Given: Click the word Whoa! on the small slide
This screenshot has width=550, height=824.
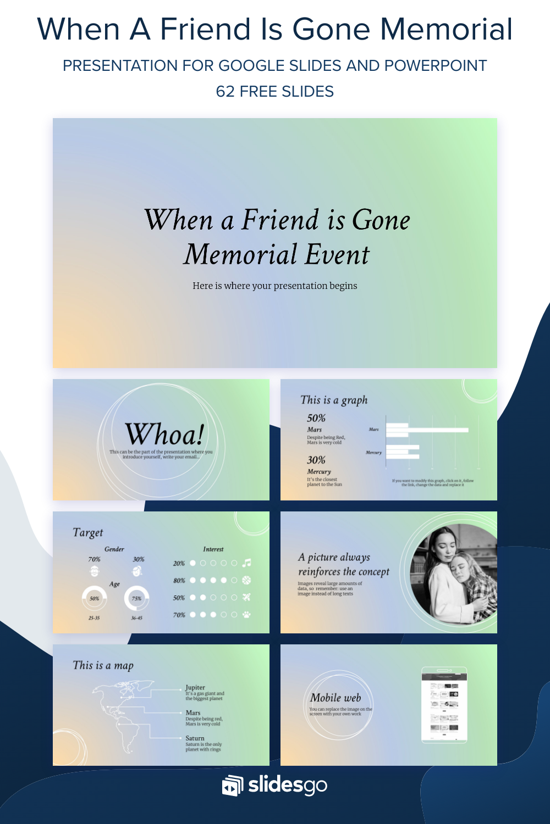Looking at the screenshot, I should tap(164, 435).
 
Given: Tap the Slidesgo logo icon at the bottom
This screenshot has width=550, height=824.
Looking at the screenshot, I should tap(233, 786).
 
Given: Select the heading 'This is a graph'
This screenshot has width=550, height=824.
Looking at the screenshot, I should tap(334, 400).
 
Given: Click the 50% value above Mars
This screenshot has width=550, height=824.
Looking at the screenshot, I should tap(316, 418).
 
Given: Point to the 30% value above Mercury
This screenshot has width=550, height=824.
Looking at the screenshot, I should tap(316, 460).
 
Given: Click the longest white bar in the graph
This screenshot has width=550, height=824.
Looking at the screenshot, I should tap(427, 430).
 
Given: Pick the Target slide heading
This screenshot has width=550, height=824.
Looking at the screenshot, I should tap(88, 532).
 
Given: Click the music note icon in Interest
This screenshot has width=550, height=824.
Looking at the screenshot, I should tap(247, 563).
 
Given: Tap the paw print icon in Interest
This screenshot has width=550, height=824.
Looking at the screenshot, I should tap(246, 615).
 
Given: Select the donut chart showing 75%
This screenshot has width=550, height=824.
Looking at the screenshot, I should tap(136, 598).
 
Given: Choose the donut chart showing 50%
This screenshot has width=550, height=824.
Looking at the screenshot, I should tap(94, 598).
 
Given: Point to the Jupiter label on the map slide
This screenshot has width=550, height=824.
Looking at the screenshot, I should tap(195, 687).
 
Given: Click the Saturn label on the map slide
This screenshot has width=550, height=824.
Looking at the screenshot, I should tap(195, 738).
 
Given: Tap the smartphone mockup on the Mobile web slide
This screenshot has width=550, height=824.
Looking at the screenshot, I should tap(444, 705).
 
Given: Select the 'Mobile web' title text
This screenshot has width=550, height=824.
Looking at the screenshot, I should tap(335, 698).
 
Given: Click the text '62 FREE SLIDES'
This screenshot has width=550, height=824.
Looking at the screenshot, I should tap(275, 91).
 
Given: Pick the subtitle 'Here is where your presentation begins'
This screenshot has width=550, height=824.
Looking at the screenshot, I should tap(275, 286).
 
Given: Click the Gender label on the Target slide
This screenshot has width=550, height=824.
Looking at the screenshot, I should tap(114, 549).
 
